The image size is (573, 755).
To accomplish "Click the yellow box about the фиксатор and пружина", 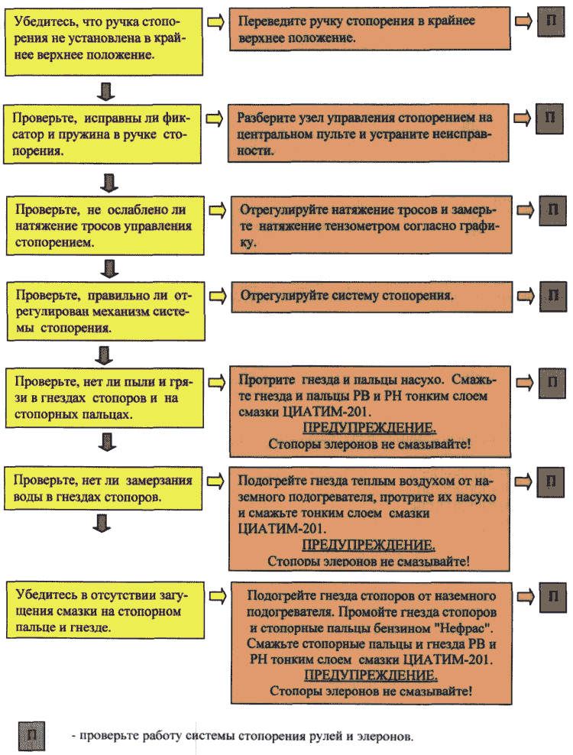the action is pos(102,134).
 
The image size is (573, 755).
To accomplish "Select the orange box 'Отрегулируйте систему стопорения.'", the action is pos(372,296).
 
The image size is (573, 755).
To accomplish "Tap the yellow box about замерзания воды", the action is pos(103,488).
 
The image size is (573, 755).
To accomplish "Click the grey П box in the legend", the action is pos(31,735).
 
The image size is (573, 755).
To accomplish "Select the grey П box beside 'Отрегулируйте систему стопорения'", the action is pos(553,296).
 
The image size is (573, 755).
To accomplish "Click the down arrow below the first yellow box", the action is pos(106,91).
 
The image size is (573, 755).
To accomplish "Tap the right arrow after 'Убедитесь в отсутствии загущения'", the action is pos(218,596).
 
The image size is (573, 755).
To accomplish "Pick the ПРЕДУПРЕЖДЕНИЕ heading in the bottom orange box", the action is pos(371,675).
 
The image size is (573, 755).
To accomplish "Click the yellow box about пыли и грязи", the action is pos(104,397).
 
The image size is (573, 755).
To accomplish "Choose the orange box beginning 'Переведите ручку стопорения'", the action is pos(369,28).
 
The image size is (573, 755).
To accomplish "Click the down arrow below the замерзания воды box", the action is pos(102,523).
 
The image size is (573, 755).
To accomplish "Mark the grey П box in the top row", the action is pos(552,21).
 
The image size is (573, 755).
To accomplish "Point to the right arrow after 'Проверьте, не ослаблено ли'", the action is pos(218,210).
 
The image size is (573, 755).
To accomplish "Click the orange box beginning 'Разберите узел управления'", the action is pos(368,133).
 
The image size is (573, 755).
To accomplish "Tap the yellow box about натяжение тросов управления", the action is pos(105,225).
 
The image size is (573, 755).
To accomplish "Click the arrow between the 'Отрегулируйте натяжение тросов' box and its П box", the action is pos(526,210).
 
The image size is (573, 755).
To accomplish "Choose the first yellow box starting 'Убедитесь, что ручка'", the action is pos(104,41).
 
